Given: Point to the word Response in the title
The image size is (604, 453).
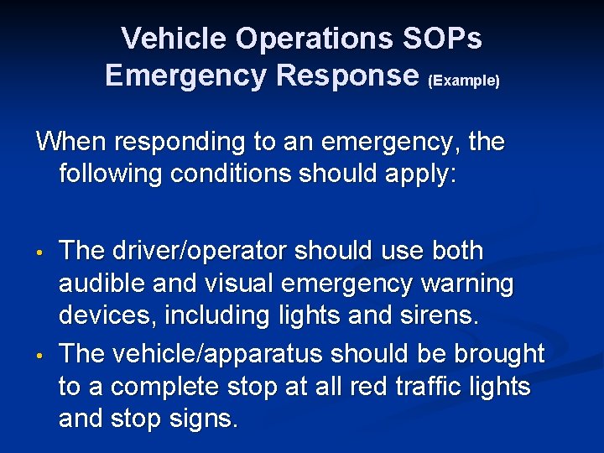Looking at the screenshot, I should (x=346, y=75).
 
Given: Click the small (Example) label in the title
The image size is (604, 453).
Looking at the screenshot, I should (x=464, y=81).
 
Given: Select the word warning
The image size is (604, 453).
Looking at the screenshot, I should (x=466, y=284).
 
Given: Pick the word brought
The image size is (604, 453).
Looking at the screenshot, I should (x=497, y=354).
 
